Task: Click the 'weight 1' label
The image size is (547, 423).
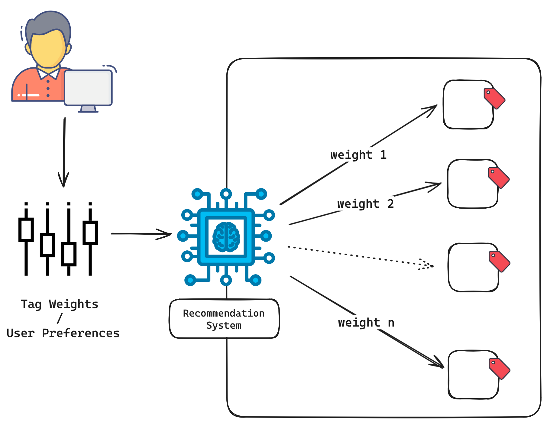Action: [358, 155]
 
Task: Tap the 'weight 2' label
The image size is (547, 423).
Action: [365, 204]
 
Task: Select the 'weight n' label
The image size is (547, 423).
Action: [366, 323]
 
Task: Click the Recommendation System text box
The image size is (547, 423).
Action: [224, 319]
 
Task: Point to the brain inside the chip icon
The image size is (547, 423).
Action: [226, 237]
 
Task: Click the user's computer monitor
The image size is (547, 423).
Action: [88, 88]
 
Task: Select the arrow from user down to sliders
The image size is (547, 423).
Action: [64, 151]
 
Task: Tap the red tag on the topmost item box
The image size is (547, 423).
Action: [494, 98]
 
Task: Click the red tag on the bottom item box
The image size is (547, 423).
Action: [499, 368]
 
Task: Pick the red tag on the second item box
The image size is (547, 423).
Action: [499, 177]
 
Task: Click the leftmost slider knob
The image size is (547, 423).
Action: [26, 230]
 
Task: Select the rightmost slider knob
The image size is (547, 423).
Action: [90, 233]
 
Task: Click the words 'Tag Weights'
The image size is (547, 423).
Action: [60, 304]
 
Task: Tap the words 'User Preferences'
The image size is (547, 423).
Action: [63, 333]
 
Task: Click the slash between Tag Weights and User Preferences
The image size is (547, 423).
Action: [60, 318]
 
